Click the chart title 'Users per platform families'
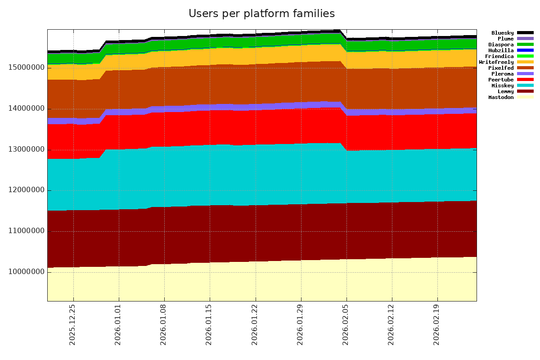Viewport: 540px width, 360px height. click(261, 14)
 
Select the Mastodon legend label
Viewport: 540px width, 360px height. click(501, 97)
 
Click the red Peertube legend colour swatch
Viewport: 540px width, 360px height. click(525, 80)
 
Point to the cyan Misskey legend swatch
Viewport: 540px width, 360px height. click(525, 85)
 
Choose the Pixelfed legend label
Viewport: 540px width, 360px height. click(501, 68)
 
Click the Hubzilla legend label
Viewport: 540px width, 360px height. click(501, 50)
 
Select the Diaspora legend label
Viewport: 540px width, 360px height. click(501, 45)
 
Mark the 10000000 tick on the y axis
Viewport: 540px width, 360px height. click(26, 272)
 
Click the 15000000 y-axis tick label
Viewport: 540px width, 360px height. click(26, 67)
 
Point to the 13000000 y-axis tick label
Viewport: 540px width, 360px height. click(26, 149)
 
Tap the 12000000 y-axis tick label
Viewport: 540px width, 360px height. click(26, 190)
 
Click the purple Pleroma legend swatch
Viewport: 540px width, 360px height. click(525, 74)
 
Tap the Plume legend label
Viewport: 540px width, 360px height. click(505, 39)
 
